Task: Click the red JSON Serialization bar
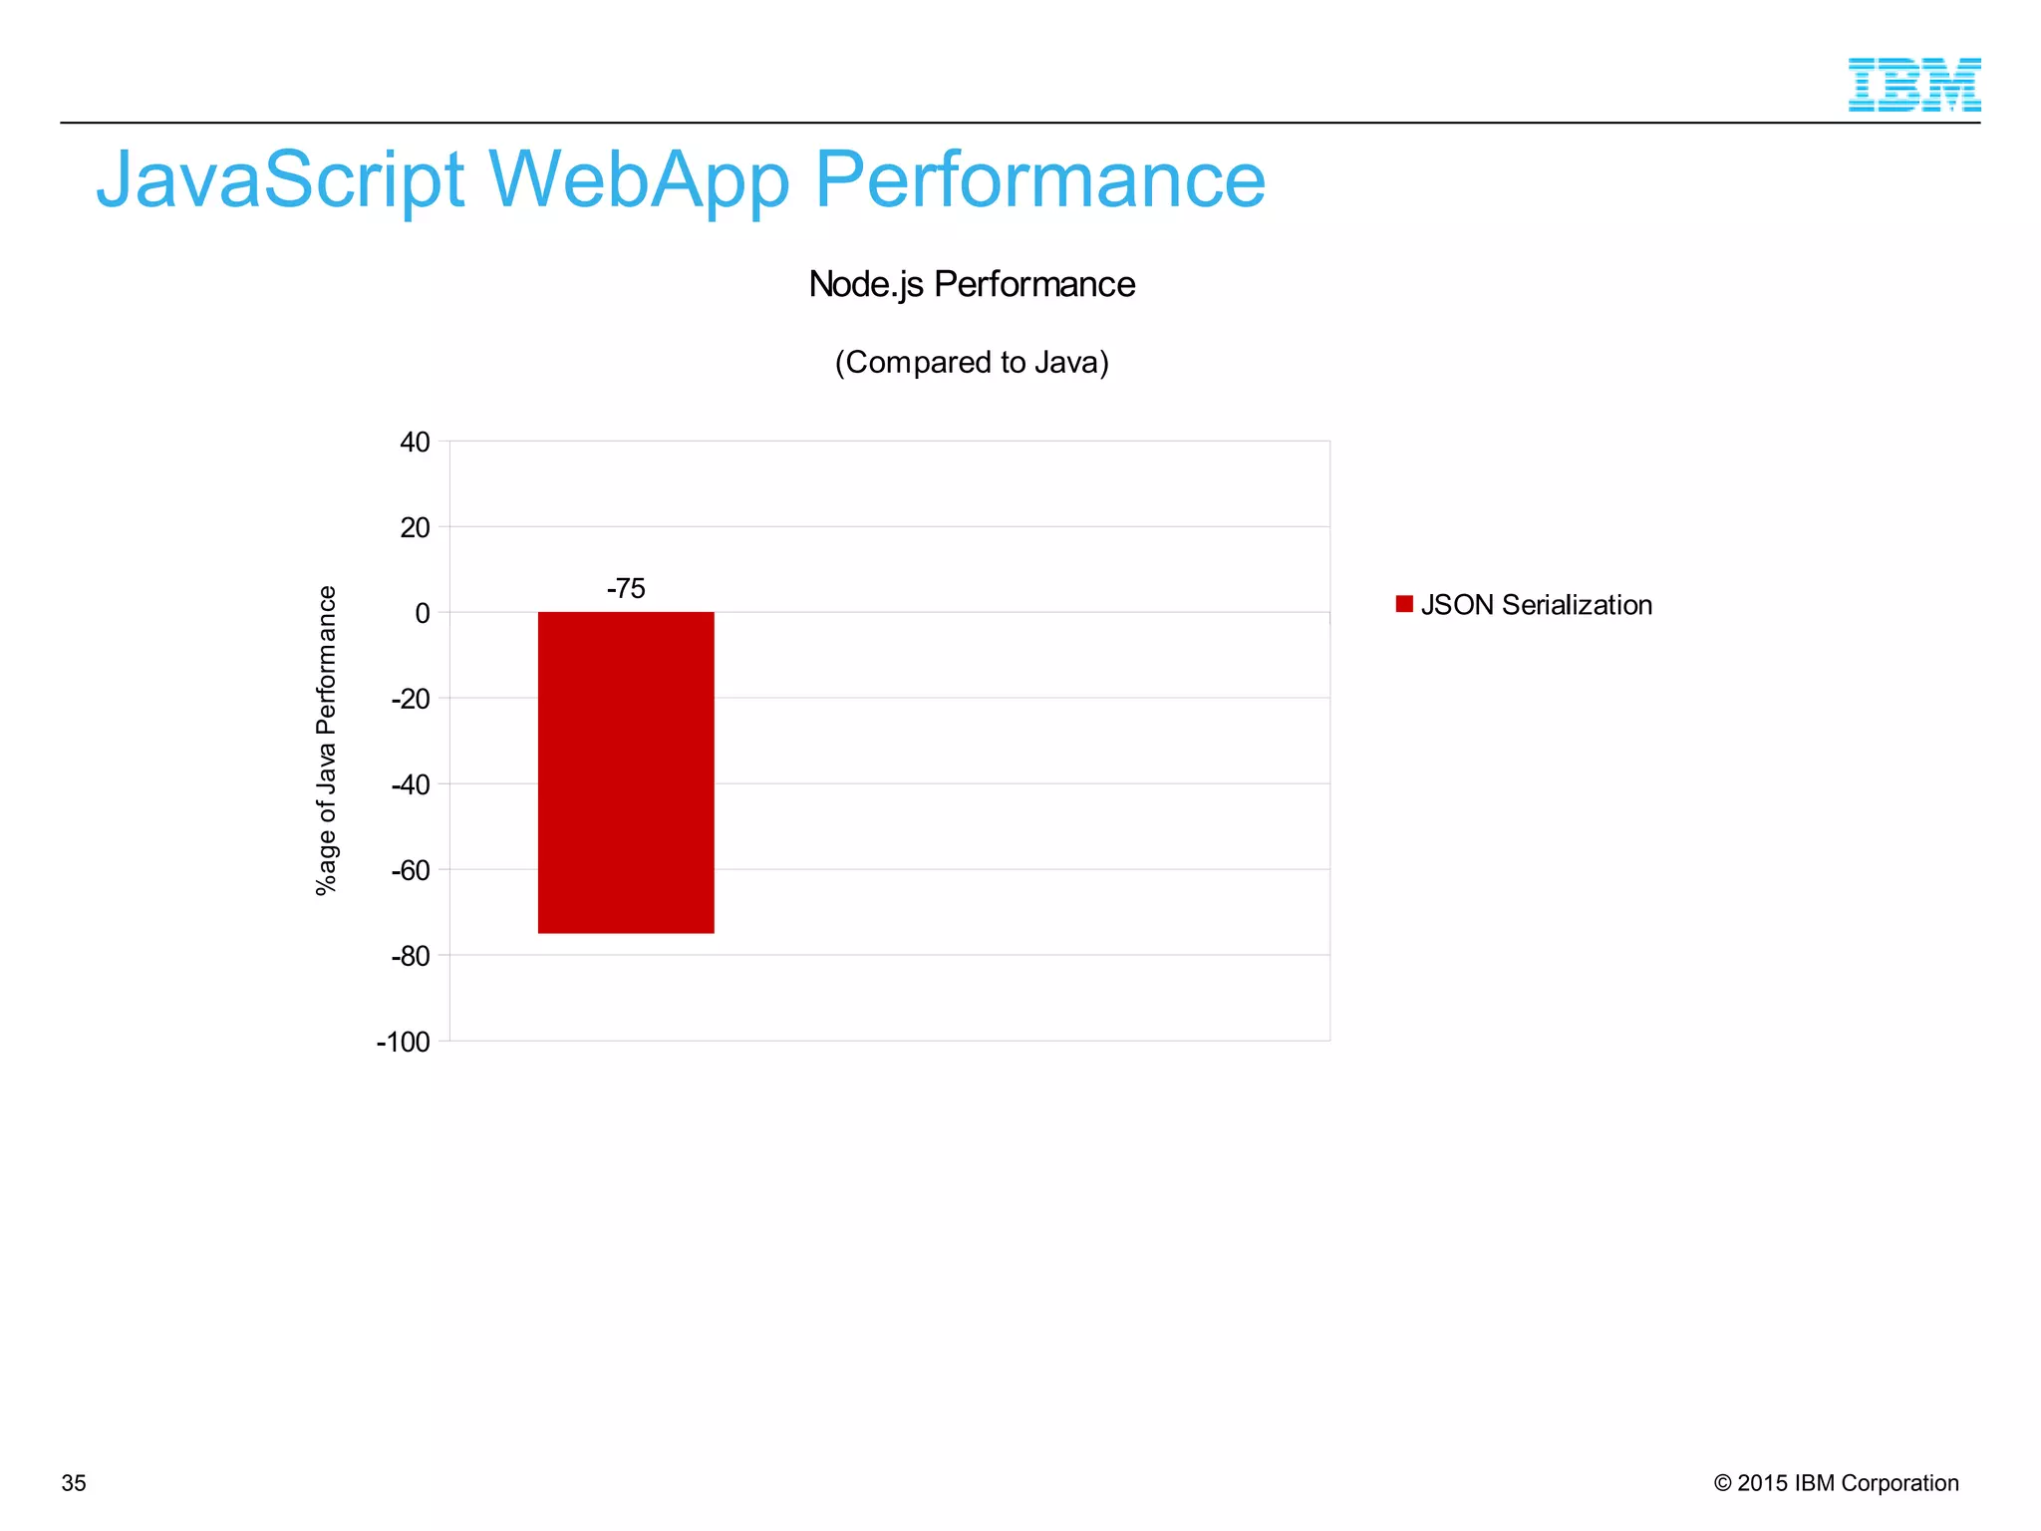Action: click(x=626, y=772)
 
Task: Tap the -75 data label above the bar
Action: click(x=626, y=588)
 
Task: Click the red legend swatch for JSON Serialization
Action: click(x=1404, y=604)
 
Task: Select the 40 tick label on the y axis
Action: click(x=415, y=442)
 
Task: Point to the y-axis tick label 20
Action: click(x=415, y=527)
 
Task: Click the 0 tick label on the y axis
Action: click(x=423, y=613)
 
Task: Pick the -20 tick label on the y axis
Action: click(x=411, y=699)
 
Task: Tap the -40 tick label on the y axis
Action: click(x=411, y=784)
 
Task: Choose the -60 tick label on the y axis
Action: click(x=411, y=870)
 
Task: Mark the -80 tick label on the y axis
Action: click(x=411, y=956)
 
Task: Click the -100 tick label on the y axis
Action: click(x=404, y=1042)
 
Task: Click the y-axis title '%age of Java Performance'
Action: click(x=326, y=741)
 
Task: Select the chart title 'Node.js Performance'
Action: click(x=972, y=284)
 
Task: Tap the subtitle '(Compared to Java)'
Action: click(x=972, y=362)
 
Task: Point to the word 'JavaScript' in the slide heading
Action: click(x=280, y=180)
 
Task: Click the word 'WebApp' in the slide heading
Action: click(x=639, y=180)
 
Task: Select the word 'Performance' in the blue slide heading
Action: click(x=1039, y=180)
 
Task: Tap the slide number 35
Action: click(x=74, y=1483)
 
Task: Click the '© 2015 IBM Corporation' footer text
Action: click(x=1836, y=1483)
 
